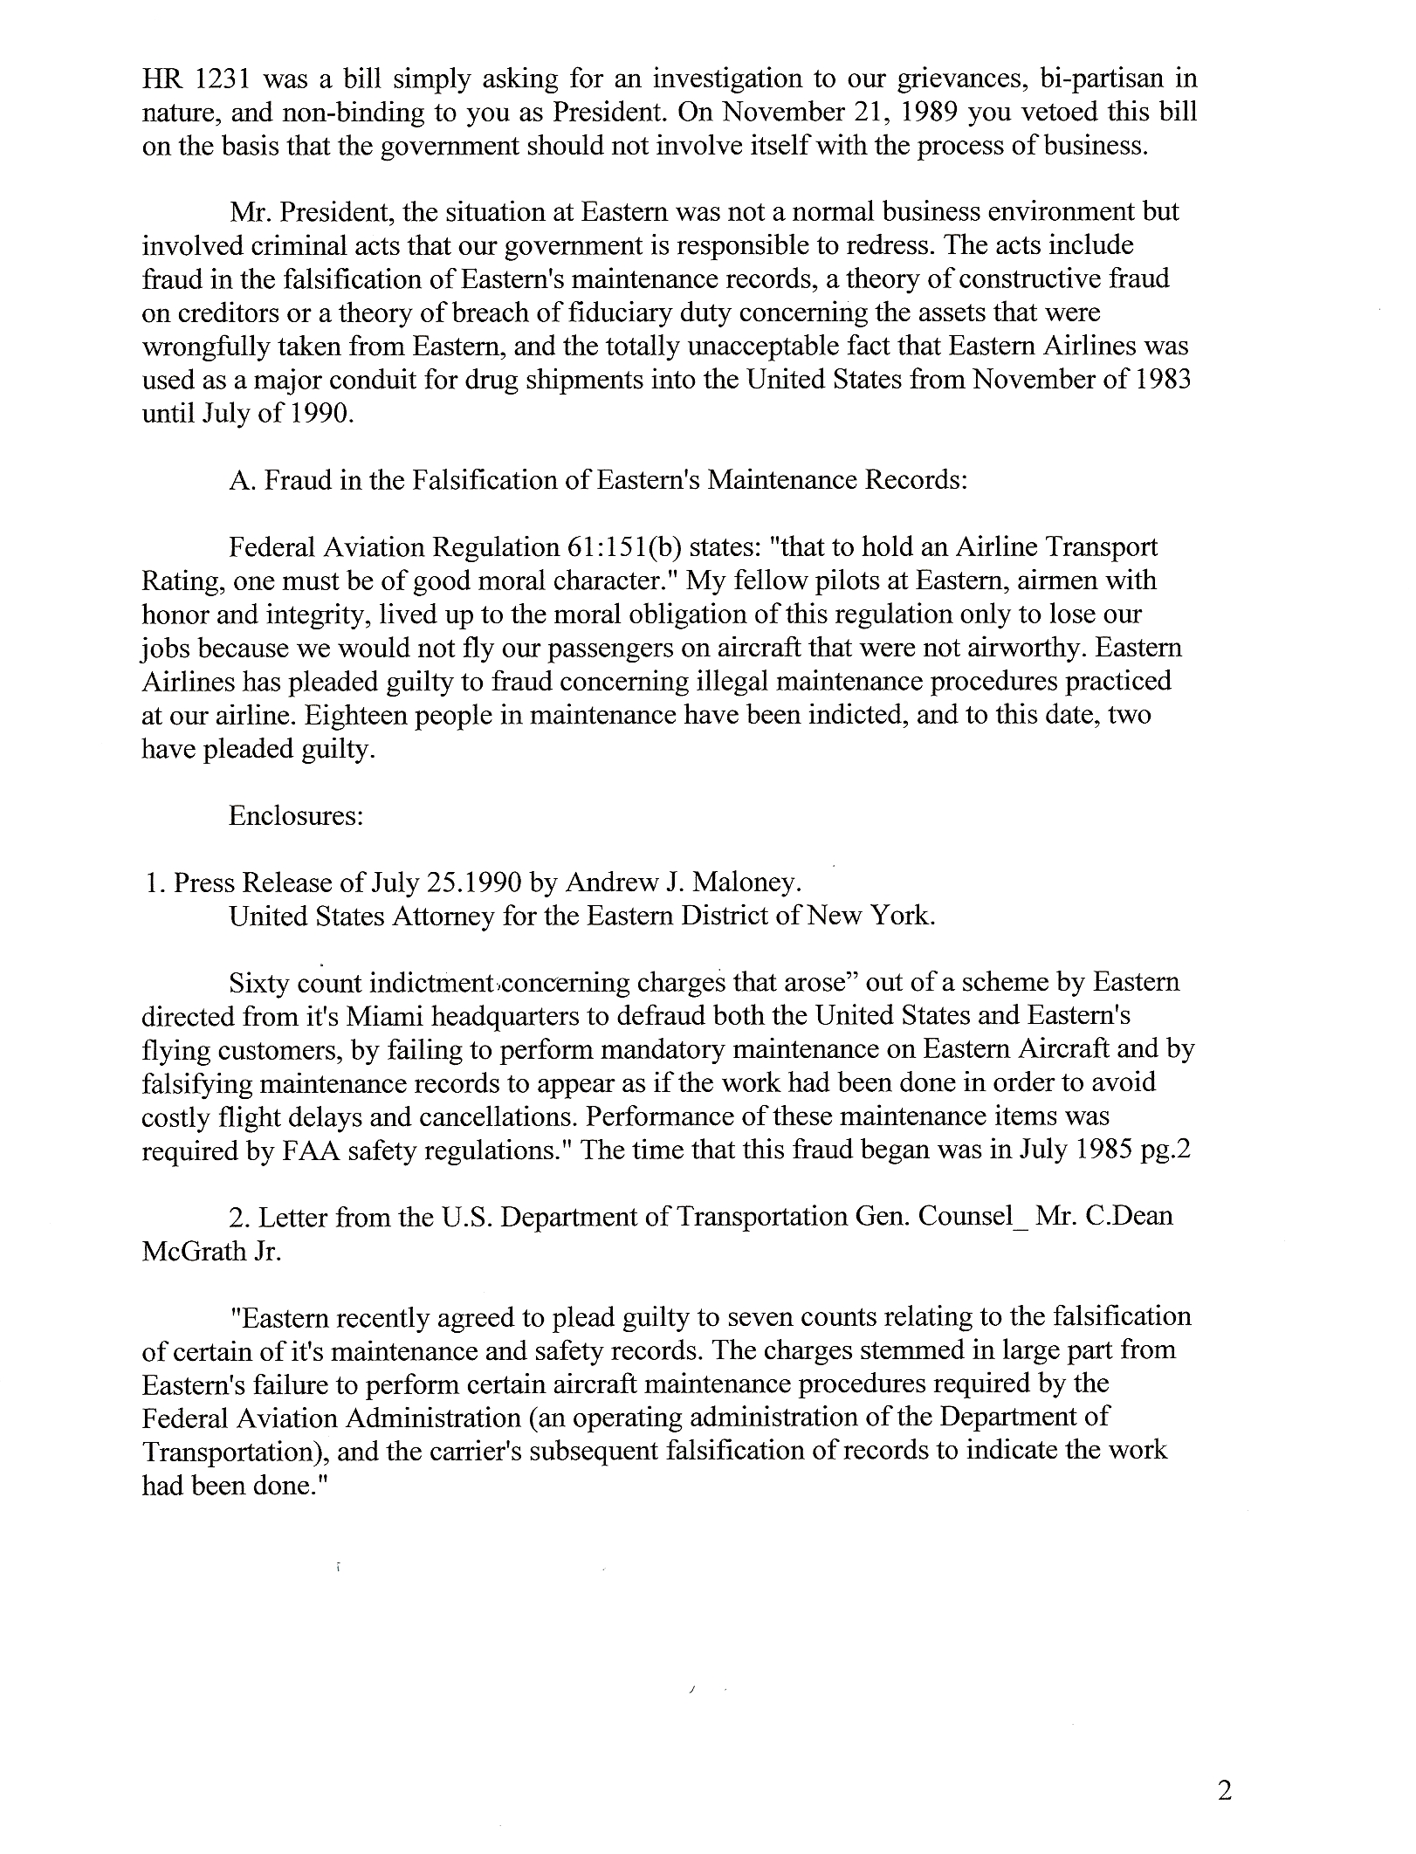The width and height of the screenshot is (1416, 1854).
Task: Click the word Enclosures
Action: [296, 815]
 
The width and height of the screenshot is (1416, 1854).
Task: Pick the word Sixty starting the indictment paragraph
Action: [258, 983]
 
